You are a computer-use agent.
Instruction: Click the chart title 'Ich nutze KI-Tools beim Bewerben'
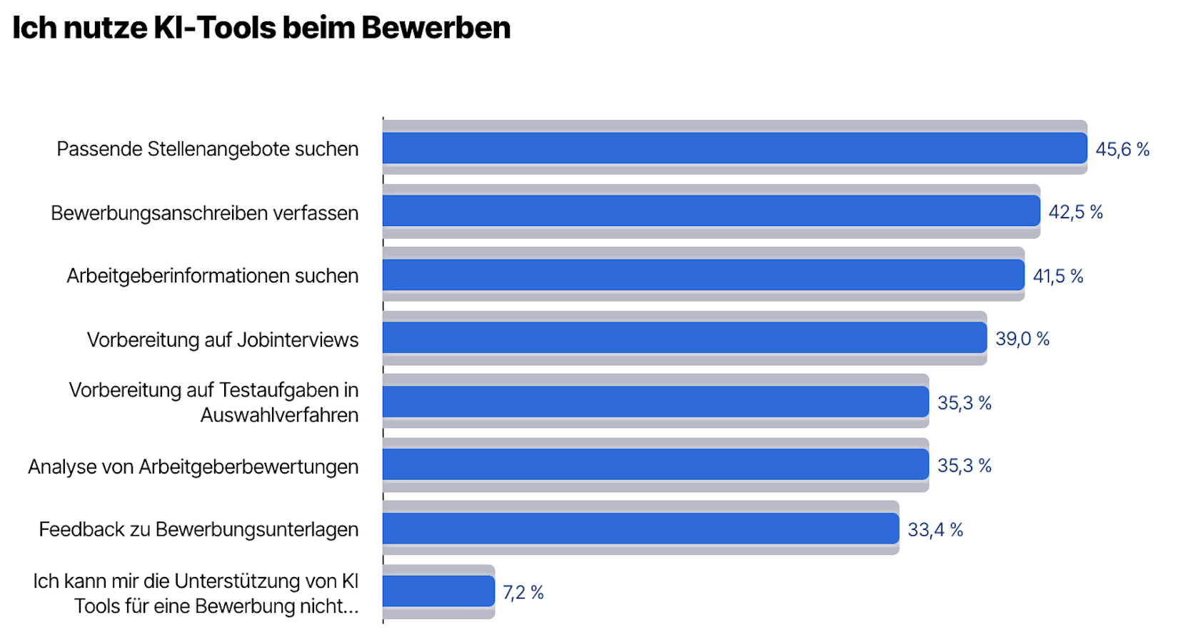click(x=261, y=29)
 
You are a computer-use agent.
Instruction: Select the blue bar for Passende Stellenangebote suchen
click(x=734, y=148)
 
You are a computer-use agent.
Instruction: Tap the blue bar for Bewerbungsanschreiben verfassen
click(x=710, y=211)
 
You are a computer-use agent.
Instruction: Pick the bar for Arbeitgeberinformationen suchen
click(x=703, y=275)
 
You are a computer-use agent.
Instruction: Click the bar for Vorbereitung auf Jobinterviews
click(x=684, y=338)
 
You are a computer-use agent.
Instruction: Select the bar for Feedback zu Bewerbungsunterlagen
click(x=640, y=529)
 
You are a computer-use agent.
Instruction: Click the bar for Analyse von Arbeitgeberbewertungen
click(x=655, y=465)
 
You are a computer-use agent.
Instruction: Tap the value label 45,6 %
click(x=1122, y=150)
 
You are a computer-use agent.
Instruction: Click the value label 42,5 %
click(x=1075, y=213)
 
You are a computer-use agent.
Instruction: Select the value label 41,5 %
click(x=1057, y=276)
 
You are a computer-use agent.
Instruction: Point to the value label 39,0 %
click(x=1022, y=339)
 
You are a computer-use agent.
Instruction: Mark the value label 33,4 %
click(x=935, y=530)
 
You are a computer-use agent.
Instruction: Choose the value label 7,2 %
click(x=523, y=593)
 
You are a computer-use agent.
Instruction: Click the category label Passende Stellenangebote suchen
click(x=207, y=149)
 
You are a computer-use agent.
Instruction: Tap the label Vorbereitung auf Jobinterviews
click(x=223, y=340)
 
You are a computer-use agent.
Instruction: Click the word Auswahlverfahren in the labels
click(x=279, y=415)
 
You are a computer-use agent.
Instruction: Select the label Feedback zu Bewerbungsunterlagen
click(x=198, y=529)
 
